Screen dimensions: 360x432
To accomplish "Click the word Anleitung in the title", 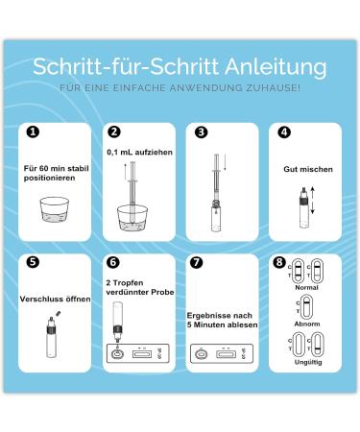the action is coord(276,67).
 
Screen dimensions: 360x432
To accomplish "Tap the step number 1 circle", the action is coord(33,132).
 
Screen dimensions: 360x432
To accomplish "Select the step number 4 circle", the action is coord(284,132).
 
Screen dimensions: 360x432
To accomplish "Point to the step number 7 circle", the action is coord(196,262).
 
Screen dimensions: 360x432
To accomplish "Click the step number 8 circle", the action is coord(279,262).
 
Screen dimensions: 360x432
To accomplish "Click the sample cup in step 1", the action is coord(55,208).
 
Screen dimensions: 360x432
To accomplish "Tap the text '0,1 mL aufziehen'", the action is coord(139,152).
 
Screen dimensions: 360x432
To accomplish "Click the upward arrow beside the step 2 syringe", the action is coord(126,172).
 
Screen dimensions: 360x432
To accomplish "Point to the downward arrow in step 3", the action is coord(225,162).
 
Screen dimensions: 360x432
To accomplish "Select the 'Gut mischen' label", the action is coord(308,169).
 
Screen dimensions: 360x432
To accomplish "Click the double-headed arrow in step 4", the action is coord(313,201).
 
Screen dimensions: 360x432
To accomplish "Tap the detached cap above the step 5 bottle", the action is coord(58,313).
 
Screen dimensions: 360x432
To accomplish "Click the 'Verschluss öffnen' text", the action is coord(55,299).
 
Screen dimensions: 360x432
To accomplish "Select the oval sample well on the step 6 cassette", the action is coord(117,354).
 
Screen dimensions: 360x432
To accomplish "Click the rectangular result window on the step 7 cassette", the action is coord(226,354).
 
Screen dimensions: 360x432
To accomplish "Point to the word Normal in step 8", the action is coord(306,287).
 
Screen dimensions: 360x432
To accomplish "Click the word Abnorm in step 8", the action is coord(307,324).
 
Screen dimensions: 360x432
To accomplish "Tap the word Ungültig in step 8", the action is coord(308,362).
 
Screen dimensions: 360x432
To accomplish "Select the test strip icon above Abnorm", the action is coord(306,307).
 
